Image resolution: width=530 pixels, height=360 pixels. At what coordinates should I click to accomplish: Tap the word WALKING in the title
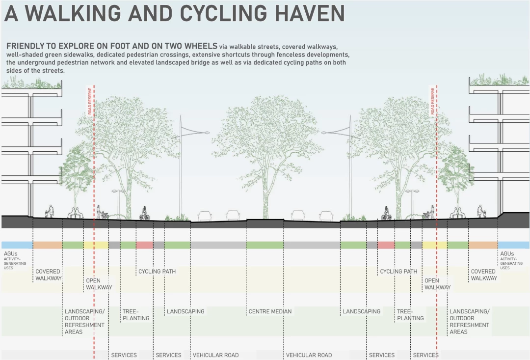pyautogui.click(x=73, y=13)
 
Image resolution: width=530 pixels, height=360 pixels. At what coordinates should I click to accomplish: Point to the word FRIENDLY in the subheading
pyautogui.click(x=26, y=46)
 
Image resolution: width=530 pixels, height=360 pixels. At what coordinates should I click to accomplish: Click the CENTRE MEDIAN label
pyautogui.click(x=270, y=311)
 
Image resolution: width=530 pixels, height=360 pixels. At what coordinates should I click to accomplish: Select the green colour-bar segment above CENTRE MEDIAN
pyautogui.click(x=265, y=245)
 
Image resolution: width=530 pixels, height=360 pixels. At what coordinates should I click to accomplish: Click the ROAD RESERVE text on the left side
pyautogui.click(x=90, y=101)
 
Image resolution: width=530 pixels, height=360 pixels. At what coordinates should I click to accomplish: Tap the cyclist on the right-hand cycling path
pyautogui.click(x=386, y=213)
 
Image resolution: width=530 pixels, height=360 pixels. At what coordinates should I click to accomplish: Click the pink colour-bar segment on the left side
pyautogui.click(x=144, y=245)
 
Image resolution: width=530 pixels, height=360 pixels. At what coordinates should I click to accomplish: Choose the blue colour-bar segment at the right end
pyautogui.click(x=514, y=245)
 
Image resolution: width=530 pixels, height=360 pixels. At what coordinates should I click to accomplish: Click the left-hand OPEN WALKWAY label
pyautogui.click(x=99, y=284)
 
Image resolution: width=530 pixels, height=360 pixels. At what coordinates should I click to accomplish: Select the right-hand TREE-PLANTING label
pyautogui.click(x=410, y=315)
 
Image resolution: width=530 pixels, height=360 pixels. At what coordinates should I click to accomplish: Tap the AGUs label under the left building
pyautogui.click(x=10, y=254)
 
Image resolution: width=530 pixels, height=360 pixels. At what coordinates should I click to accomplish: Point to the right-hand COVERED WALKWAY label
pyautogui.click(x=484, y=275)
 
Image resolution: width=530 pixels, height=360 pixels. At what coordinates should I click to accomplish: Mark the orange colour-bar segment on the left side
pyautogui.click(x=47, y=245)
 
